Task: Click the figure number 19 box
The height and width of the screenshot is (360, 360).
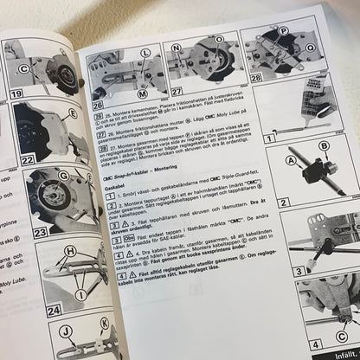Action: coord(15,92)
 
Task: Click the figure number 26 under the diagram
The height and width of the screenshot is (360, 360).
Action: coord(98,104)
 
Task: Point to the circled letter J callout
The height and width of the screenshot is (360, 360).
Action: coord(66,331)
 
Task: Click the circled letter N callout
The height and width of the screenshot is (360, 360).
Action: coord(177,49)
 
